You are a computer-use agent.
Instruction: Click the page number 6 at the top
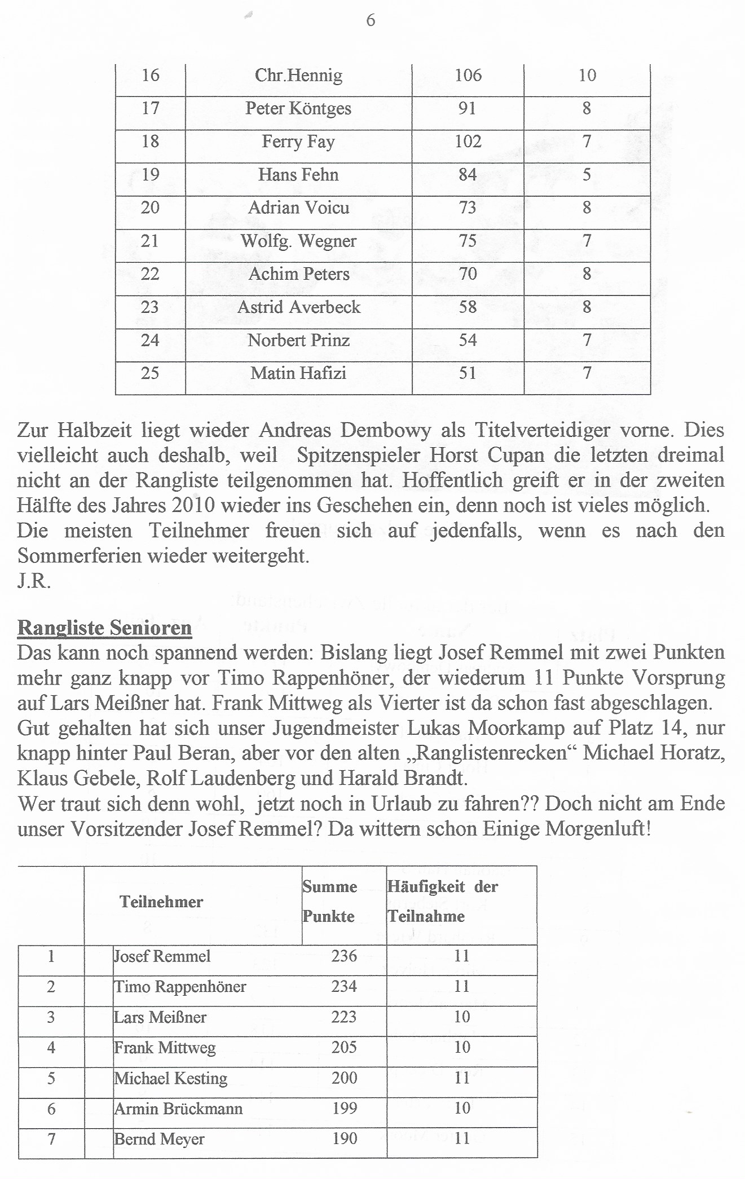371,20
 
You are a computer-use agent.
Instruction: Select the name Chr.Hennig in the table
298,75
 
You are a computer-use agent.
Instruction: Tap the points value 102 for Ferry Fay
468,141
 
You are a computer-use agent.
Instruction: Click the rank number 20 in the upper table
150,207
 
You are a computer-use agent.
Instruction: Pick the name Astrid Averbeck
298,307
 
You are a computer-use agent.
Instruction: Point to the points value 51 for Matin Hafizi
468,373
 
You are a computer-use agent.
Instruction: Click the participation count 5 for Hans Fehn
587,175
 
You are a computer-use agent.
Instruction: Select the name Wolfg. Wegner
298,241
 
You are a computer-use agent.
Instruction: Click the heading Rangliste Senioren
104,628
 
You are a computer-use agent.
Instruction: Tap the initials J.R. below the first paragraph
34,581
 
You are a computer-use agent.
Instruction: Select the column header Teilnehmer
161,902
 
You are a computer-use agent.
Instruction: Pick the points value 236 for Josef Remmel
344,956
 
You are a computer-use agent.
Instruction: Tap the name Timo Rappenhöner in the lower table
180,987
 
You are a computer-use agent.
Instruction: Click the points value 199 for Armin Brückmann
344,1108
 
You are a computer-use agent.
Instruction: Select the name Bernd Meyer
159,1139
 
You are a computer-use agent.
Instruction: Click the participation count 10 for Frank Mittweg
462,1047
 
